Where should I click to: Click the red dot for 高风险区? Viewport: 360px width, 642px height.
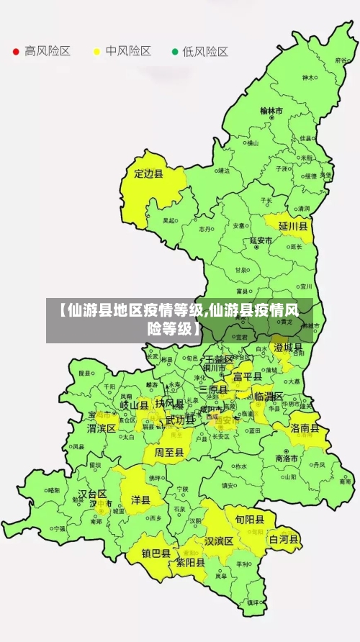tap(16, 52)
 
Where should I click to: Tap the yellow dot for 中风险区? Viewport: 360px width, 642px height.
tap(96, 52)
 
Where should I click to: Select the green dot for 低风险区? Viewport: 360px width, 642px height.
tap(174, 52)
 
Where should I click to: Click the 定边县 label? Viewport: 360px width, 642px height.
tap(149, 173)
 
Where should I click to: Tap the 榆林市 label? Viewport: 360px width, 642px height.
tap(271, 111)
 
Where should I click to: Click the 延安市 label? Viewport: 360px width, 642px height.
tap(261, 240)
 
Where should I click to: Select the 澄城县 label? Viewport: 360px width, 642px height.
tap(288, 347)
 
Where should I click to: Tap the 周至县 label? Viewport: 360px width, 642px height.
tap(168, 453)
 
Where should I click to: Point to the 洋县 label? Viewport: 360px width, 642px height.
tap(140, 499)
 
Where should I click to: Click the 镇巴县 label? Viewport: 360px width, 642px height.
tap(156, 553)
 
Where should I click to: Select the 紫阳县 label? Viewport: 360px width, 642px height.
tap(191, 563)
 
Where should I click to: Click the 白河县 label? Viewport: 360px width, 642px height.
tap(284, 539)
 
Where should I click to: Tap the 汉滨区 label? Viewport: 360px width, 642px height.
tap(219, 541)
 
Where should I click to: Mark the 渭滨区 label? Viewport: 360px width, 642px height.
tap(102, 428)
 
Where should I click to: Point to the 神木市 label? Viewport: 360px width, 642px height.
tap(309, 78)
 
